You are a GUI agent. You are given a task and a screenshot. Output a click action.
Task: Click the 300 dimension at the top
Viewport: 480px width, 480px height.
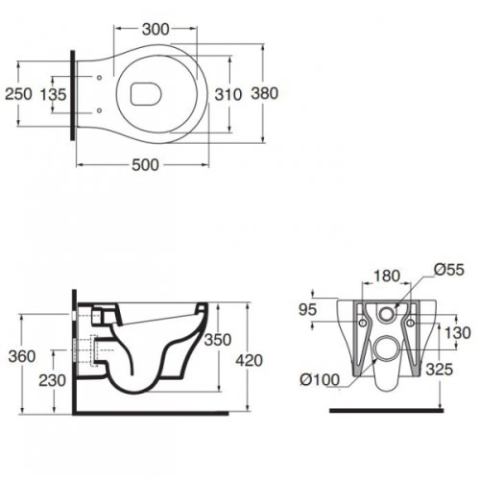pos(156,30)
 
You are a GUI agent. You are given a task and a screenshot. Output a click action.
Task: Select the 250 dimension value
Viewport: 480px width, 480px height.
pos(18,94)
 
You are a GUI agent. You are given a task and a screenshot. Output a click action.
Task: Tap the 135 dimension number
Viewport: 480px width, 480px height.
pos(53,94)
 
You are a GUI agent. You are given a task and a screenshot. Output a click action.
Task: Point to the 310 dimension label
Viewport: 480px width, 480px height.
pos(228,94)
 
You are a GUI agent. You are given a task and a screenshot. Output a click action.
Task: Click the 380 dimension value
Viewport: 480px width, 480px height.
pos(265,93)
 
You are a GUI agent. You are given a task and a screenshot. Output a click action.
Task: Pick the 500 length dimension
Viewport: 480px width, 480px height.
pos(145,165)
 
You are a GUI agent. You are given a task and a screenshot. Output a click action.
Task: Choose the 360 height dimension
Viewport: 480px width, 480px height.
pos(22,356)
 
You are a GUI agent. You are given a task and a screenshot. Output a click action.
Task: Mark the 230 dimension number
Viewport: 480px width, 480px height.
pos(52,380)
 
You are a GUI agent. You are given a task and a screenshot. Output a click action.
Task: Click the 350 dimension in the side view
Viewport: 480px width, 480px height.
pos(218,340)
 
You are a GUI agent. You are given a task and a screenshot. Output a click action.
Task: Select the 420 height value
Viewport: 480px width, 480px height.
pos(250,361)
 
